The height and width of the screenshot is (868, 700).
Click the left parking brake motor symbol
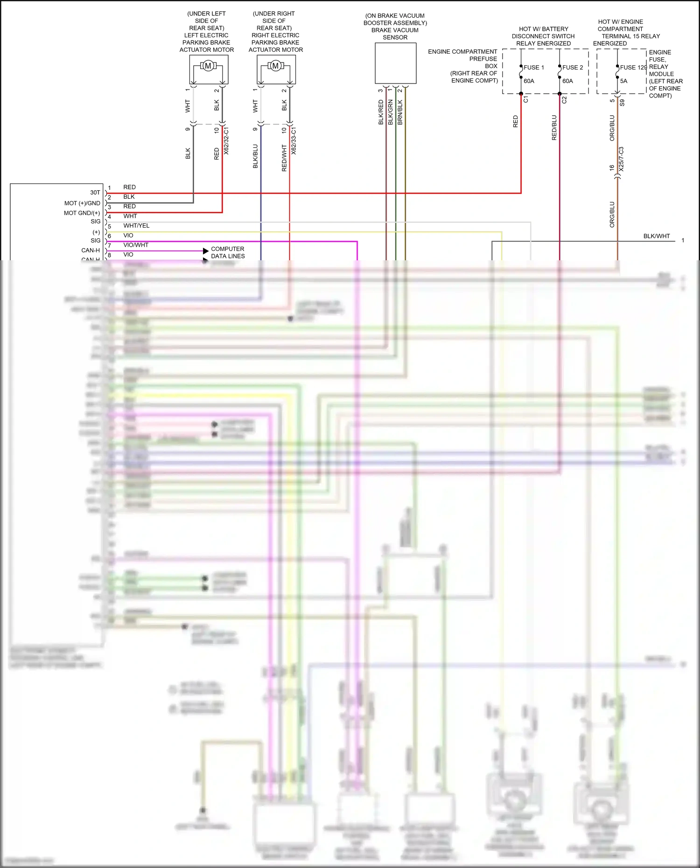coord(208,66)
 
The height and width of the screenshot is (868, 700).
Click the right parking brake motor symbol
coord(275,66)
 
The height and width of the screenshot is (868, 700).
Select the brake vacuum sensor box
coord(395,63)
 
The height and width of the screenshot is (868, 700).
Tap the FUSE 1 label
coord(533,68)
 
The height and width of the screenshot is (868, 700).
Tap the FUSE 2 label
coord(573,68)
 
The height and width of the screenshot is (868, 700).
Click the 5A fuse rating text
coord(623,81)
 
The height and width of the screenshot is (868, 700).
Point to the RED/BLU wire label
coord(554,128)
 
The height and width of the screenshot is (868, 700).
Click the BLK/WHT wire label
coord(656,236)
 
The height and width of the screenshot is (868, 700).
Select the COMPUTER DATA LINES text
coord(228,252)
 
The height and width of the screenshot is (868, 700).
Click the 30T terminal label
coord(95,193)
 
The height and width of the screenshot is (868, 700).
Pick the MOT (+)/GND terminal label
coord(82,203)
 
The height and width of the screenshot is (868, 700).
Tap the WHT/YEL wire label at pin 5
coord(136,226)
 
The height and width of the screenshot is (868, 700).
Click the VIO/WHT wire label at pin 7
coord(136,245)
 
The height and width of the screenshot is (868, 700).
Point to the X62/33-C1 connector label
coord(294,141)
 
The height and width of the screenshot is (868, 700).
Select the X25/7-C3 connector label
coord(621,159)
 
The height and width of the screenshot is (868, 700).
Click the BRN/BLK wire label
coord(400,112)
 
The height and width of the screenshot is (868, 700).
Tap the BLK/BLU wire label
coord(255,156)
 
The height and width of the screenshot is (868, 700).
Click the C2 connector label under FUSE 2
coord(564,100)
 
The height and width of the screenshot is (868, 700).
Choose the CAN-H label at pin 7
coord(91,250)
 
